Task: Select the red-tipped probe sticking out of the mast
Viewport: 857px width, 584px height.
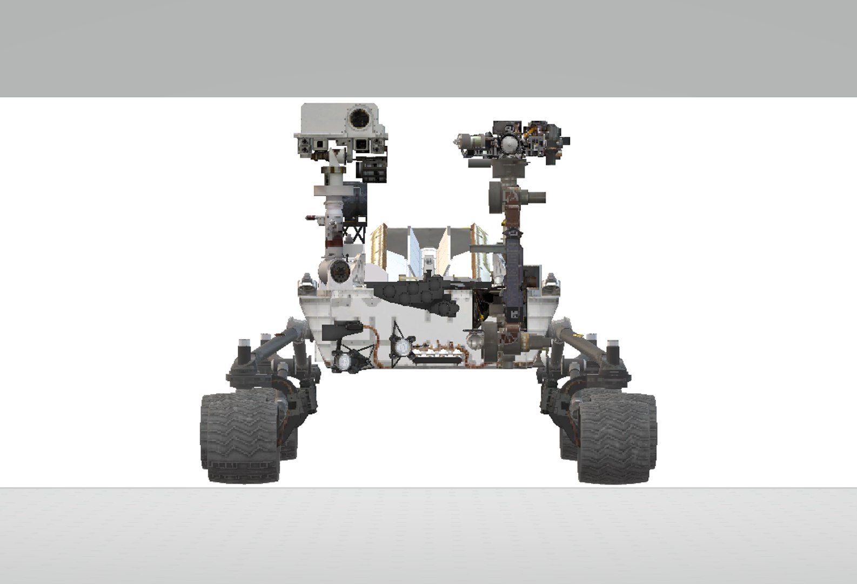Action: [x=311, y=218]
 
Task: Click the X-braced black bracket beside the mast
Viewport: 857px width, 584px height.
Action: [x=356, y=233]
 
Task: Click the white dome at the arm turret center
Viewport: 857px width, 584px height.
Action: [x=509, y=144]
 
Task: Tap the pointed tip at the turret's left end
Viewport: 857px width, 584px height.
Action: [x=457, y=142]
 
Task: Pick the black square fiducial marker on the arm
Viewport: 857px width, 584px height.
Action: [x=514, y=313]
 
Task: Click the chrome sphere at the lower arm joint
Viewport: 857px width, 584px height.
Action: [x=476, y=340]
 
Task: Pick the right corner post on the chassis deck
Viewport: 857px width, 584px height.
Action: [x=551, y=281]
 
